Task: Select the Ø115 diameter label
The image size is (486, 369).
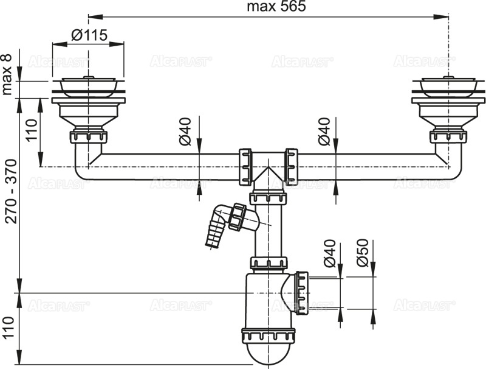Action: tap(89, 35)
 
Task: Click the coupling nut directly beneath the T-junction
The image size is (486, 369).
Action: tap(268, 197)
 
